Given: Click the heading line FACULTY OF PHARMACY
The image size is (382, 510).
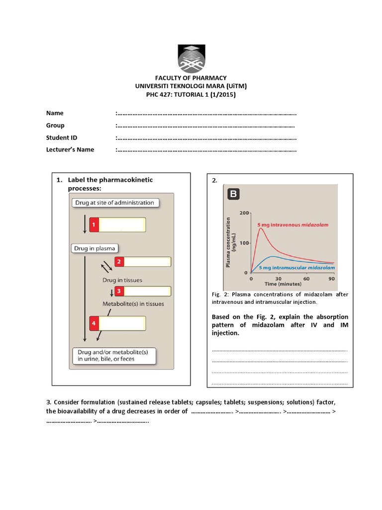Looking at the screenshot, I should [x=191, y=78].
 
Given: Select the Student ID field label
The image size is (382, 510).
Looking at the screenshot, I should [x=62, y=137].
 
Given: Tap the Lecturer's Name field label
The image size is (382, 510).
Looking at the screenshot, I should [x=70, y=149].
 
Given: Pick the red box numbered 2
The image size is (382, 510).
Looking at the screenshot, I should [x=119, y=261].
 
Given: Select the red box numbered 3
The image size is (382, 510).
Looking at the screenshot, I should [x=119, y=291].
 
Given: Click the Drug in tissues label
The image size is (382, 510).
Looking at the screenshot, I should [x=122, y=280].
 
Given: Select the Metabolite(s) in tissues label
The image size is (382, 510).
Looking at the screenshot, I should [x=133, y=303].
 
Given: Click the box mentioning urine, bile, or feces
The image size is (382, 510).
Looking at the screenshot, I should [x=114, y=355].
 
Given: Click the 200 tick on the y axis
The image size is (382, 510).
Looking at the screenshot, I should [x=244, y=213].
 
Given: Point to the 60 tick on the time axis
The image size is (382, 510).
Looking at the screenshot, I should [x=306, y=278].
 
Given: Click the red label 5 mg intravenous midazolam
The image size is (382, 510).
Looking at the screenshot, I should [x=292, y=225].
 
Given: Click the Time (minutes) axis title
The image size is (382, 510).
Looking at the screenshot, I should [x=283, y=284].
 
